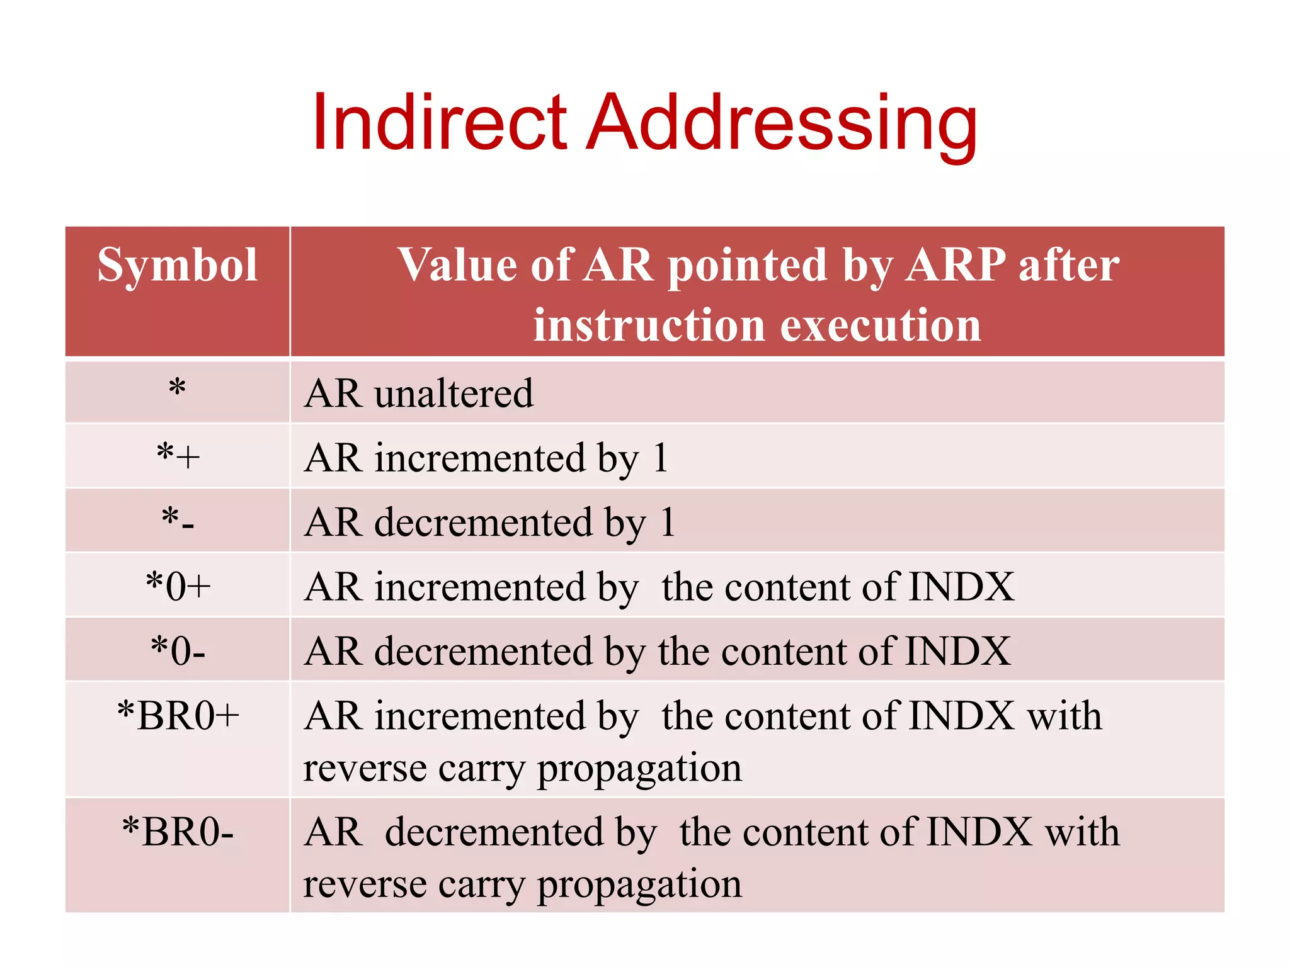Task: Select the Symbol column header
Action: (x=178, y=265)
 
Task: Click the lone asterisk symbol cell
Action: (x=178, y=388)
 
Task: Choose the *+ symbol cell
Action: (x=178, y=456)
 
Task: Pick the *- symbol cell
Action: (x=178, y=520)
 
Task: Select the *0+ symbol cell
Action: (x=178, y=586)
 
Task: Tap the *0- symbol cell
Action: (x=178, y=650)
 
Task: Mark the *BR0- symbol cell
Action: (x=178, y=832)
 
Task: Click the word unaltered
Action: (x=454, y=393)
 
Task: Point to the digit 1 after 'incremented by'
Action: (x=660, y=458)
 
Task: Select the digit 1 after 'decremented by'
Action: (x=668, y=522)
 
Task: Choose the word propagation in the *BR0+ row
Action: (x=639, y=769)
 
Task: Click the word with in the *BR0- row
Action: (x=1082, y=832)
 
